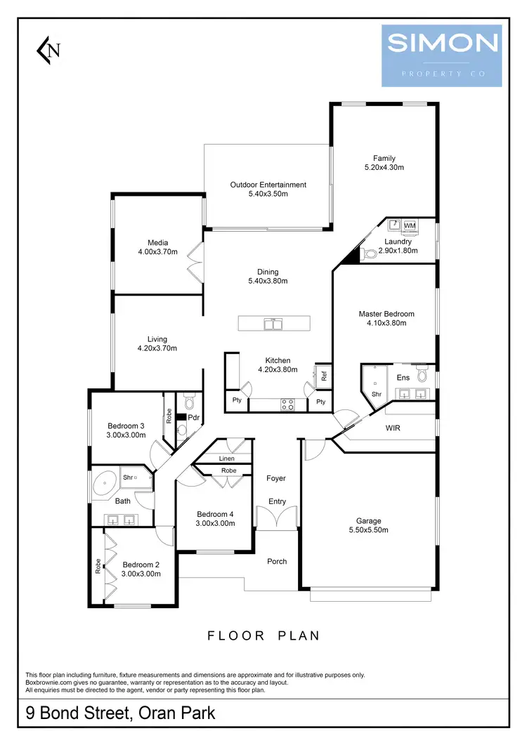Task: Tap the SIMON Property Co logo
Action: click(441, 55)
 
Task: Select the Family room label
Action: click(384, 159)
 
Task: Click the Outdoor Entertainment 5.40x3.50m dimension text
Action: click(268, 194)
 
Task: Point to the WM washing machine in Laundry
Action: click(410, 225)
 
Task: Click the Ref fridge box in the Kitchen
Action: click(324, 376)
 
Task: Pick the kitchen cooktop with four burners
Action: click(288, 404)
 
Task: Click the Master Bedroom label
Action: click(386, 314)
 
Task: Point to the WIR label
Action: click(393, 428)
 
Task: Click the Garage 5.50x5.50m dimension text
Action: click(368, 529)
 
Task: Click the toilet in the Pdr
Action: click(188, 403)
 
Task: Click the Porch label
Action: click(277, 561)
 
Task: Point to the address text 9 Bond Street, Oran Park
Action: click(120, 714)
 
